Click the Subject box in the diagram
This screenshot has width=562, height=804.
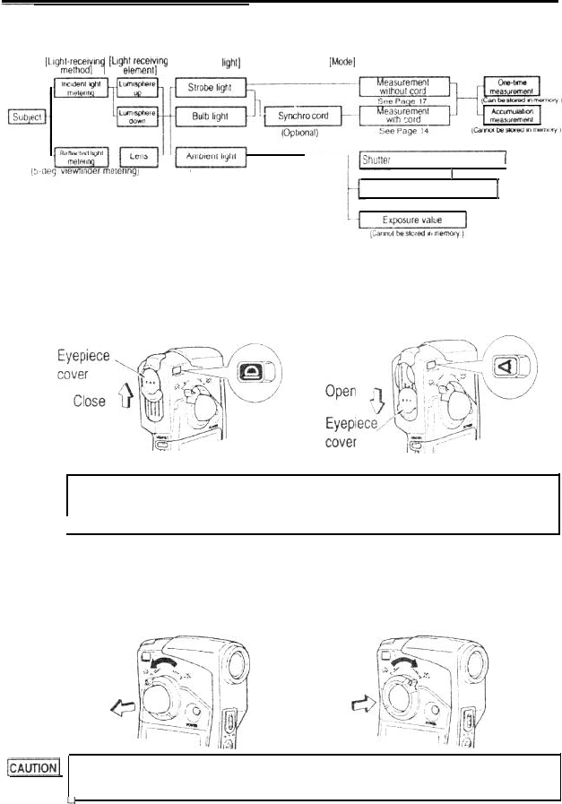pos(24,117)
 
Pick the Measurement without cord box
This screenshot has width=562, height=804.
pos(402,87)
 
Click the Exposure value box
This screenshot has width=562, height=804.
pos(411,220)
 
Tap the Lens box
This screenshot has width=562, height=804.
pos(137,156)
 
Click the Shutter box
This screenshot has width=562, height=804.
pos(431,161)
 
